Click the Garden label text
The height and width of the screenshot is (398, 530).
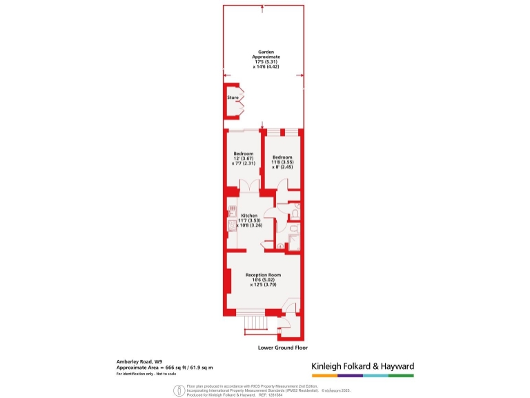[x=263, y=51]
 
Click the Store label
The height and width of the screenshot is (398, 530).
[x=233, y=98]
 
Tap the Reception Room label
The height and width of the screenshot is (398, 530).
[x=263, y=274]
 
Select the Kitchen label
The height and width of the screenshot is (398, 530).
[x=249, y=216]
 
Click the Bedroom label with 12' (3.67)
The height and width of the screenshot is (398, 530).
[x=244, y=153]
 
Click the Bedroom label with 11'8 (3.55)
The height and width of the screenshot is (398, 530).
[x=282, y=157]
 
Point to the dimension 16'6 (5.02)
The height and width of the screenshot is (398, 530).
[x=263, y=279]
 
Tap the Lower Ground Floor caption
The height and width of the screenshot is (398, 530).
[x=282, y=347]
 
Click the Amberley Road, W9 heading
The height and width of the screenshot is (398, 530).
[x=139, y=361]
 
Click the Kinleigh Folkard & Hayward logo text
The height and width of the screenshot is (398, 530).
[x=362, y=366]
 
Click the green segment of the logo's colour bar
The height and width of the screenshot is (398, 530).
[x=401, y=376]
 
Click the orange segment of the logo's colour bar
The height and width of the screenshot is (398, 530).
[x=324, y=376]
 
